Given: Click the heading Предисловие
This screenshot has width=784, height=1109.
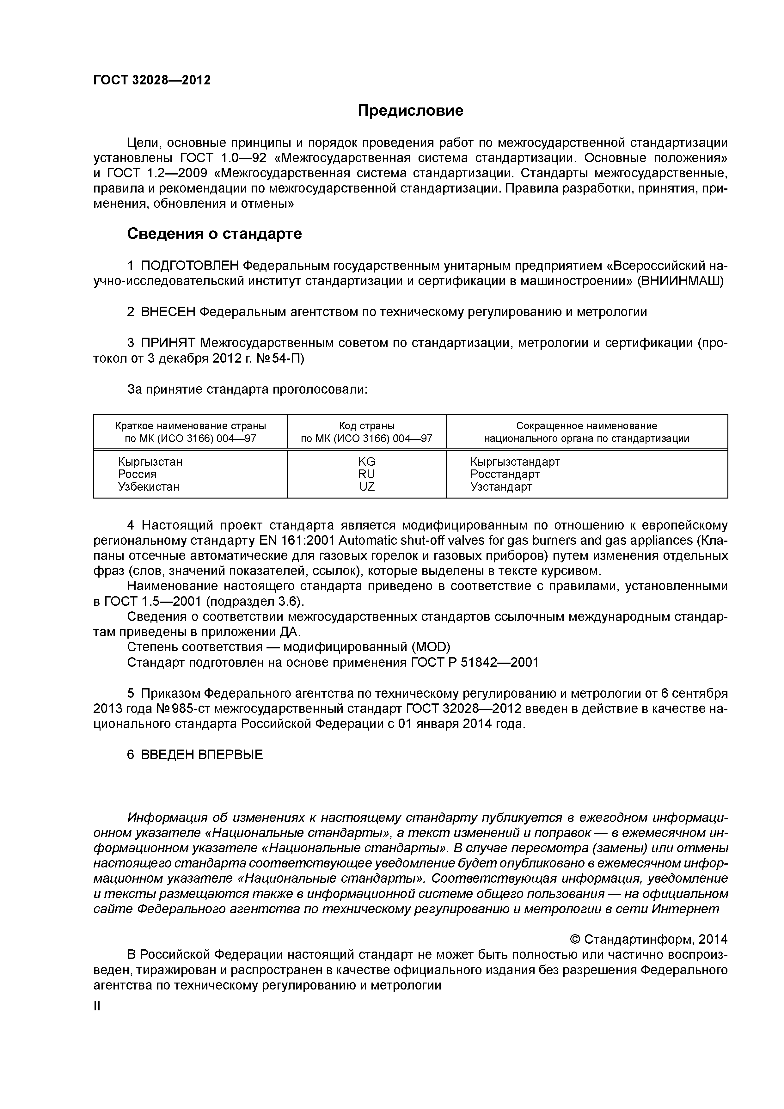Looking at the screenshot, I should tap(410, 111).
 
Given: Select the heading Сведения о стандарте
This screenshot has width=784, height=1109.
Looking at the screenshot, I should tap(214, 234).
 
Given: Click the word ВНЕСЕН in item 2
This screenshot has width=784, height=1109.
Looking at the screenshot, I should tap(168, 312).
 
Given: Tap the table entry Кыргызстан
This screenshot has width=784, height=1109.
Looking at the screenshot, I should tap(150, 461).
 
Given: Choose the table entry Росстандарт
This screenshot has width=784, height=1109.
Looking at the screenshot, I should tap(505, 474).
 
